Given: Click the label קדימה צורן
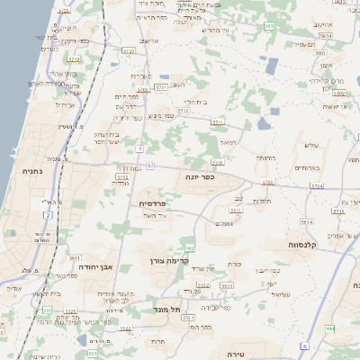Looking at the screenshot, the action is pos(169,261).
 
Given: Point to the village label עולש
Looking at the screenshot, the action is pos(312,146).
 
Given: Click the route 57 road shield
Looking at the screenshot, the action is pos(150,166).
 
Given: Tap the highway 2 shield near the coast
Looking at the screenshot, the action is pos(47,214).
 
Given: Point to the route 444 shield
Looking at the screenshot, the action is pos(330,329).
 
